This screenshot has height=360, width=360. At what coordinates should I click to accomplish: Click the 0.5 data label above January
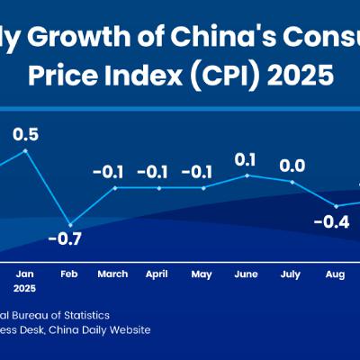click(x=25, y=134)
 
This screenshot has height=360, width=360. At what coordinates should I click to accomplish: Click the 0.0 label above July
click(x=290, y=166)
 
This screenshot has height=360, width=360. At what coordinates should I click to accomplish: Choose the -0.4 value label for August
click(x=333, y=221)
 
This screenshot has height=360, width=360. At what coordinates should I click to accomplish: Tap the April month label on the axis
click(x=158, y=274)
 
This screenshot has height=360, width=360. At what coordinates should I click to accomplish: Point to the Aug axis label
click(x=335, y=274)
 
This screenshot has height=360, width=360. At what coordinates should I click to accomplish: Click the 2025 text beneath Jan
click(x=26, y=290)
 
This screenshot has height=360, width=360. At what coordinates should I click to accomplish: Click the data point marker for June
click(x=247, y=175)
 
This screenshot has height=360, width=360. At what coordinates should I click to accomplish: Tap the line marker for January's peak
click(x=26, y=150)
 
